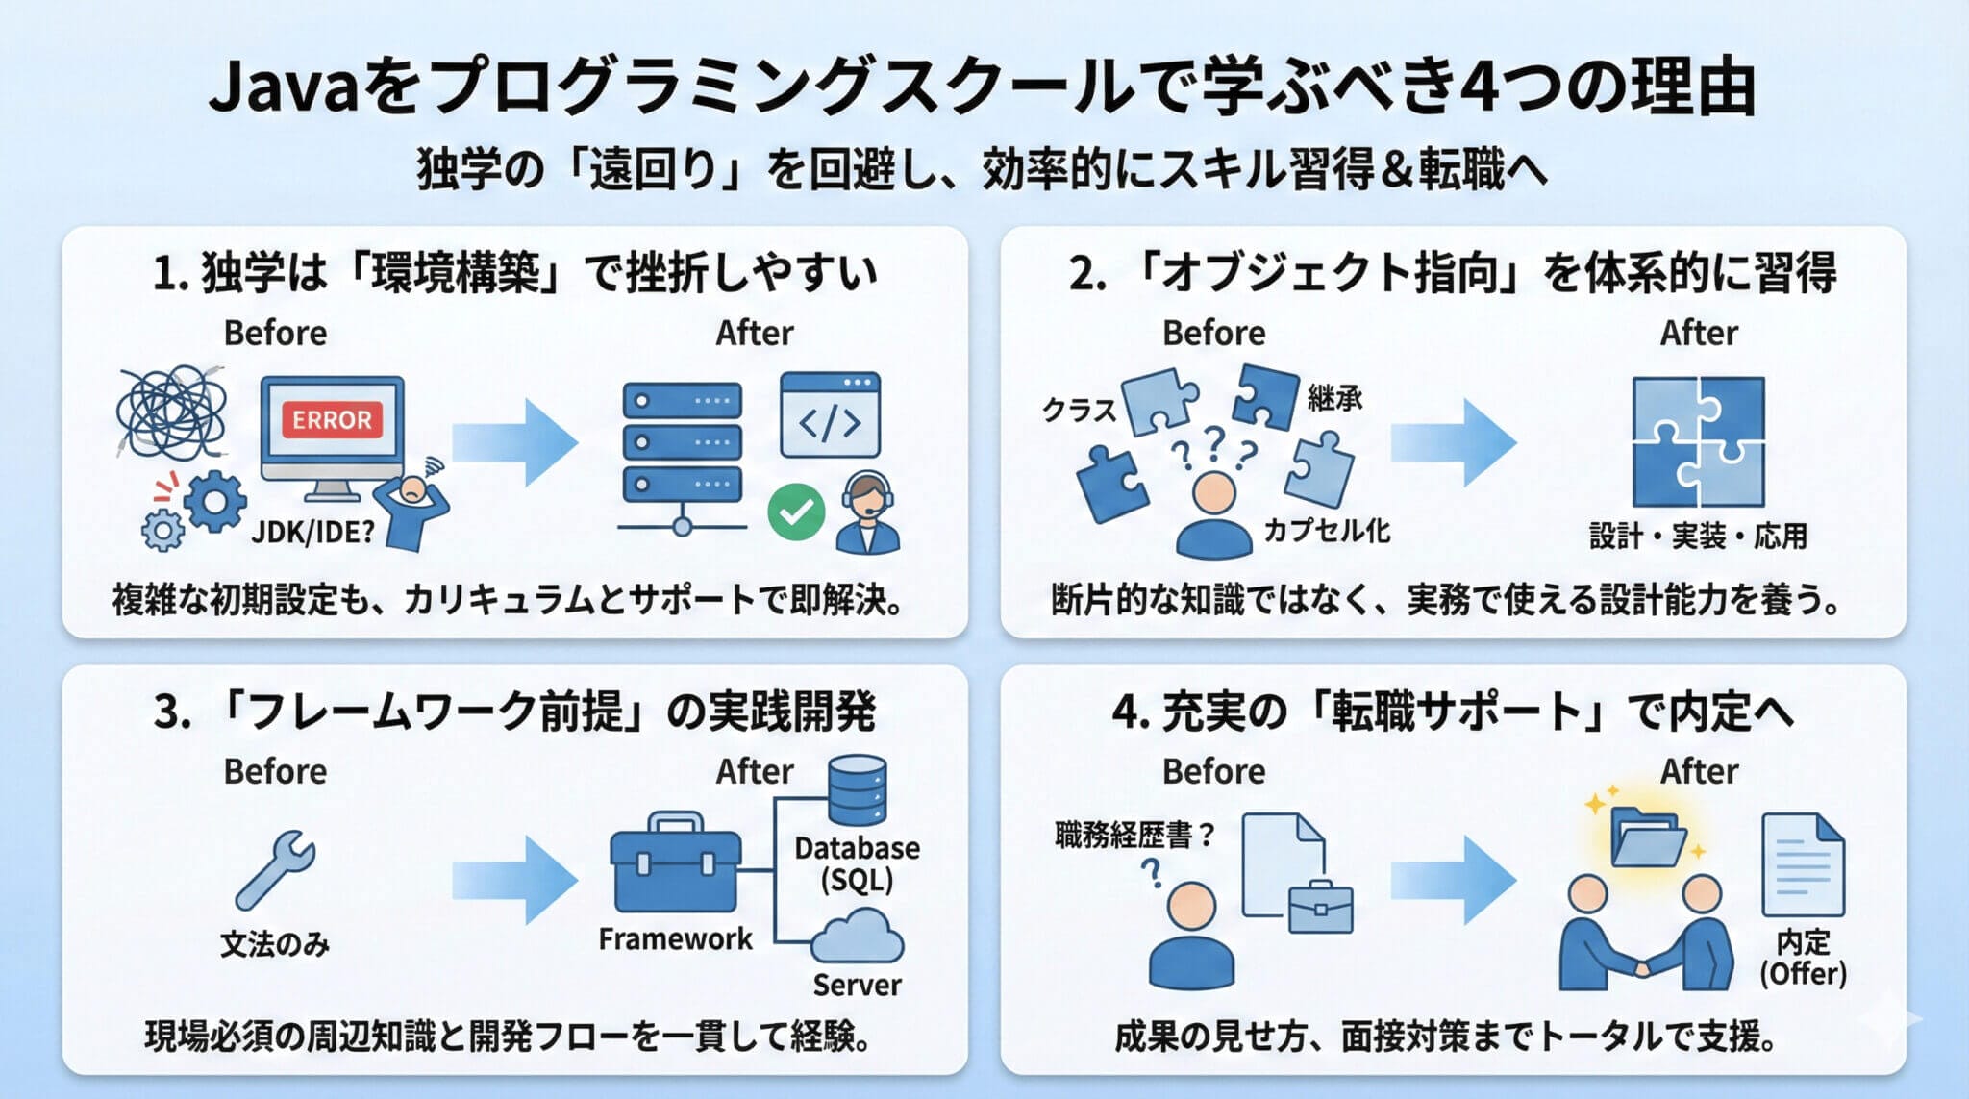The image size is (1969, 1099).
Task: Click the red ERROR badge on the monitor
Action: pyautogui.click(x=332, y=420)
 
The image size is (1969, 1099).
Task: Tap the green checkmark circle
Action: pyautogui.click(x=796, y=512)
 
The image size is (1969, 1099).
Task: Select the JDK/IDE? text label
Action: pyautogui.click(x=312, y=532)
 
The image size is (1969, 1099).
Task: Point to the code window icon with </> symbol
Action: pyautogui.click(x=831, y=415)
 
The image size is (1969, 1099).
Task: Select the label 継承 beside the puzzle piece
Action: pyautogui.click(x=1334, y=397)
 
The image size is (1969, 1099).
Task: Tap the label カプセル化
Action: pyautogui.click(x=1327, y=530)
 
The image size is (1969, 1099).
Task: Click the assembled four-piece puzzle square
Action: pyautogui.click(x=1699, y=442)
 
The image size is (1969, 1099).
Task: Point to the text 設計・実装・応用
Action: pyautogui.click(x=1699, y=536)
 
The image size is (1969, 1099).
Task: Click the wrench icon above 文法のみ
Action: pyautogui.click(x=276, y=869)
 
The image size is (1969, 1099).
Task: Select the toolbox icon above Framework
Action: pyautogui.click(x=676, y=863)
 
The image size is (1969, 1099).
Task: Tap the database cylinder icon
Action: pyautogui.click(x=858, y=790)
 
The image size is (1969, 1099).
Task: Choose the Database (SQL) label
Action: pyautogui.click(x=857, y=863)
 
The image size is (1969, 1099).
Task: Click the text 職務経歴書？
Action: pyautogui.click(x=1135, y=835)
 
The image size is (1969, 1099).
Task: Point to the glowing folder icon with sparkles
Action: pyautogui.click(x=1647, y=834)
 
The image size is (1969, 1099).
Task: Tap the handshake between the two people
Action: pyautogui.click(x=1646, y=962)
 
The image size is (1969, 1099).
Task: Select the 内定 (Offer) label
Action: pyautogui.click(x=1803, y=957)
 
